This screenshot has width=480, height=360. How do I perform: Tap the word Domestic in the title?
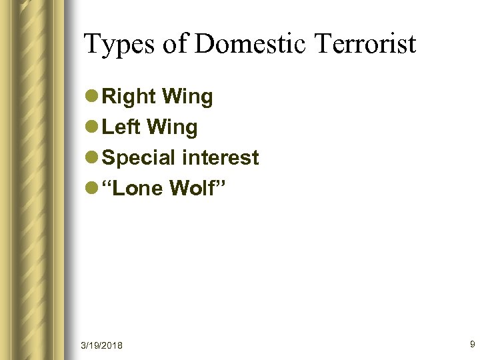pos(251,44)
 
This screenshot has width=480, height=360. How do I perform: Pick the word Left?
pos(121,127)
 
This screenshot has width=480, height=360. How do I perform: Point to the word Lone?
pos(141,189)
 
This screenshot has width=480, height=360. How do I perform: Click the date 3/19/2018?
pos(101,345)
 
